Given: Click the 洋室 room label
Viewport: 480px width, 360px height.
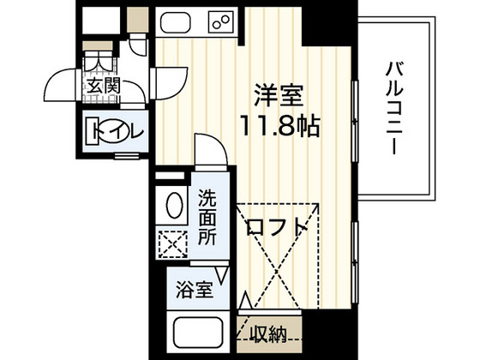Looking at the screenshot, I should [273, 93].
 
